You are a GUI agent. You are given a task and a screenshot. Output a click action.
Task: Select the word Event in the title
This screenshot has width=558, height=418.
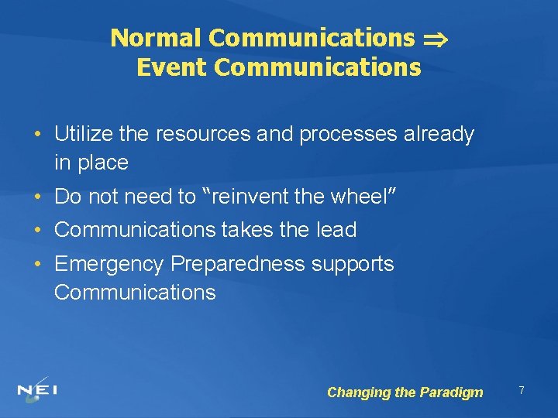coord(172,68)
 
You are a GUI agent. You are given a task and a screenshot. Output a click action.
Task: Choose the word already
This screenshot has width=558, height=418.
coord(438,135)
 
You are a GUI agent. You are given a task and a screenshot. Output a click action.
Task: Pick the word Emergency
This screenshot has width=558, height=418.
coord(109,265)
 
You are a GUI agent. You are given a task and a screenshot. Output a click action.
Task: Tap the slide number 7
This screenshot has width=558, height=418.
coord(522,391)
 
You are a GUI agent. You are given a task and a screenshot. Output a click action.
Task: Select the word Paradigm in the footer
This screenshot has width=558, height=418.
coord(450,392)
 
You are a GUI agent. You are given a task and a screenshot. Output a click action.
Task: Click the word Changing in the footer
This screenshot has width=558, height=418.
coord(359,392)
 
